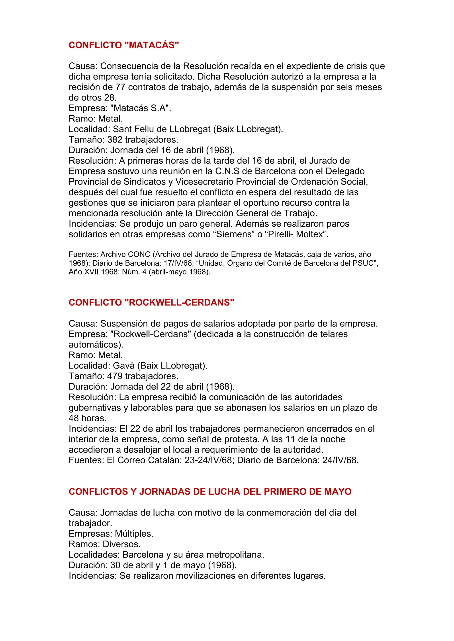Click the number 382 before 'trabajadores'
click(x=115, y=140)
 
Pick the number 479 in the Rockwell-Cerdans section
click(x=115, y=376)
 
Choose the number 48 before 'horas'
click(x=74, y=418)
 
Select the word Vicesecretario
click(x=204, y=182)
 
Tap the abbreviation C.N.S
click(x=227, y=171)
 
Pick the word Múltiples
click(x=134, y=534)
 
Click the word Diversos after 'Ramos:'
click(x=122, y=544)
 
